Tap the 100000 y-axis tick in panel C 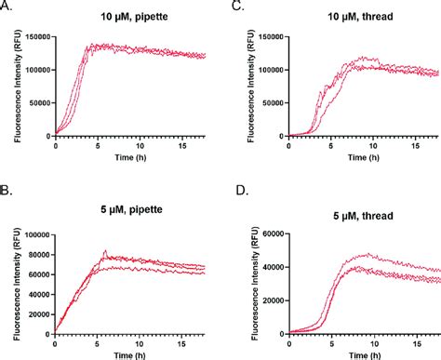click(261, 69)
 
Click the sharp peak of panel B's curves click(105, 250)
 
